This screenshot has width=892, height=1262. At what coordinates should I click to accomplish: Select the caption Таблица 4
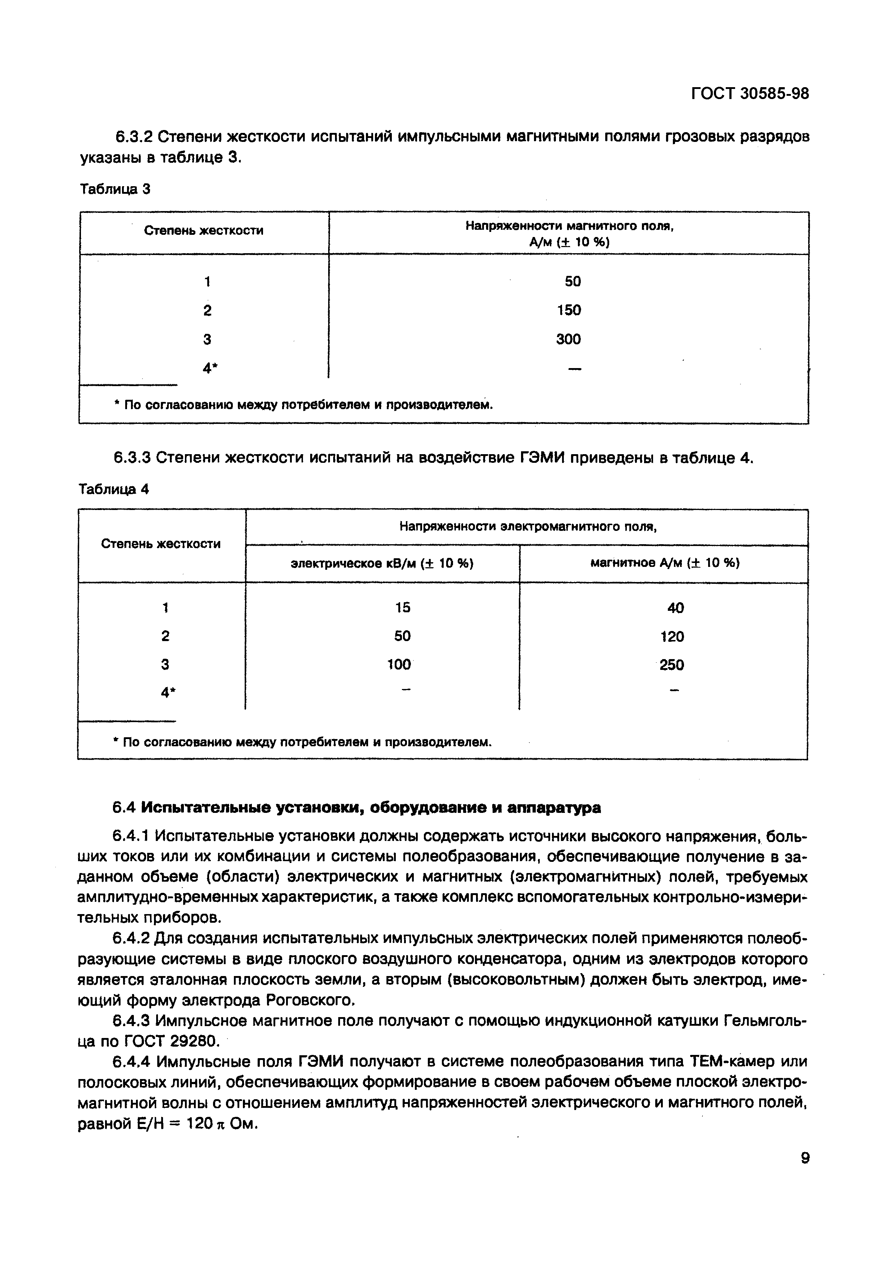coord(114,489)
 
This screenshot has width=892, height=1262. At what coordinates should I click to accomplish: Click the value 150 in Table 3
coord(569,310)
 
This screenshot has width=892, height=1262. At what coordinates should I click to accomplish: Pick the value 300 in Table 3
coord(569,339)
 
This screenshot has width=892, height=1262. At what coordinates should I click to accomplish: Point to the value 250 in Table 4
coord(672,665)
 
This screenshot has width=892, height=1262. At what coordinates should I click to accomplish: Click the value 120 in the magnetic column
coord(672,636)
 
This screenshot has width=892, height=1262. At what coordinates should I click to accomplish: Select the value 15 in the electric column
coord(403,607)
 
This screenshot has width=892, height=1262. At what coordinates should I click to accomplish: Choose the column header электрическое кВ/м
coord(382,563)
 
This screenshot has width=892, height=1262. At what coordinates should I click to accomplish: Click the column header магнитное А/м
coord(665,563)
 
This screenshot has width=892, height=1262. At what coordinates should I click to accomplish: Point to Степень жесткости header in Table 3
coord(204,231)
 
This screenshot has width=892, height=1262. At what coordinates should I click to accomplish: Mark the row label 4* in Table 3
coord(208,368)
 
